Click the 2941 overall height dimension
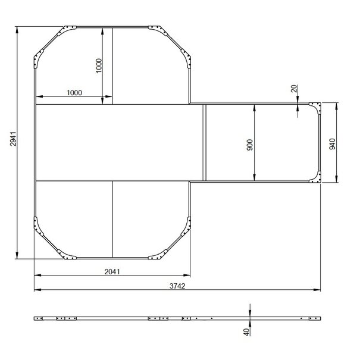[13, 139]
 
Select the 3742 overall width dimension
[177, 286]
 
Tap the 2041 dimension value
[112, 271]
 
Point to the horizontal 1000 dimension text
[74, 93]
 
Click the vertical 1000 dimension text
[99, 66]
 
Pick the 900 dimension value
[249, 145]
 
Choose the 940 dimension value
[332, 144]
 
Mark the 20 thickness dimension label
[294, 89]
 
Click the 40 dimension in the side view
[246, 332]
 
